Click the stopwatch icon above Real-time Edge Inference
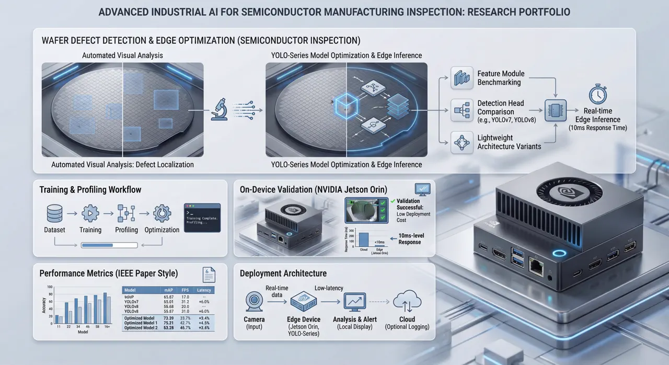(x=597, y=95)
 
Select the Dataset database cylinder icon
(x=54, y=213)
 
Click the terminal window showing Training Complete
(x=202, y=218)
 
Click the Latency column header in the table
(x=203, y=290)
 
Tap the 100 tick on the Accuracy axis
(x=50, y=288)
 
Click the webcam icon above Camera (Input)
(x=254, y=302)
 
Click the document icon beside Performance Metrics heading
(x=209, y=275)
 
